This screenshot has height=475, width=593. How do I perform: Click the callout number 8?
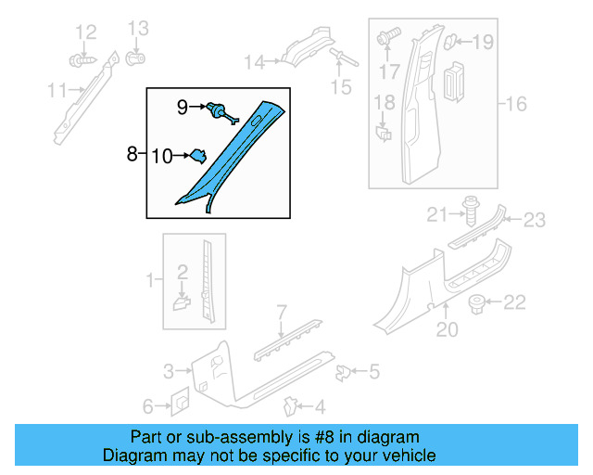[132, 153]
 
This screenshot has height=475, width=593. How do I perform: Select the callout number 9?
[183, 108]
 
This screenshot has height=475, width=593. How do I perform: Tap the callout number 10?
[162, 157]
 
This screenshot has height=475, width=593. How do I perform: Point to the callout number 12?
[85, 33]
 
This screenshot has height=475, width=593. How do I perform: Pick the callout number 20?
[448, 328]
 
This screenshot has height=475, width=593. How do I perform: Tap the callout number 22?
[514, 302]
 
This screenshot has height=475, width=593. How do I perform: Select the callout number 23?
[535, 220]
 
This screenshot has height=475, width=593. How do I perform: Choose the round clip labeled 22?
[479, 302]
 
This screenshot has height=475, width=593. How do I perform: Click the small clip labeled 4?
[290, 406]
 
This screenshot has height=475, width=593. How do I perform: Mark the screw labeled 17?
[387, 39]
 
